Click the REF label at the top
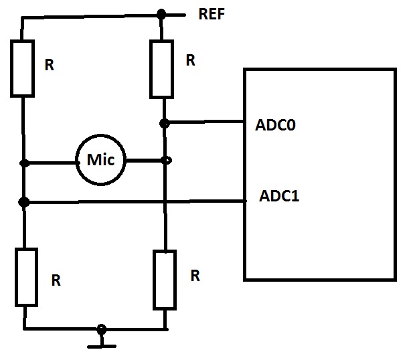pyautogui.click(x=212, y=15)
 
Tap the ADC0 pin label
pyautogui.click(x=275, y=125)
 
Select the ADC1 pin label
pyautogui.click(x=279, y=197)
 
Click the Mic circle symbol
pyautogui.click(x=101, y=161)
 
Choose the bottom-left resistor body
pyautogui.click(x=25, y=276)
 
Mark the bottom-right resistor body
pyautogui.click(x=165, y=279)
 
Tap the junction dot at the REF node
pyautogui.click(x=161, y=13)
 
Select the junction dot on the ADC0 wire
pyautogui.click(x=164, y=123)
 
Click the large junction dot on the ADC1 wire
pyautogui.click(x=24, y=201)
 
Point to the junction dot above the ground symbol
pyautogui.click(x=101, y=329)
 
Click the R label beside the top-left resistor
pyautogui.click(x=49, y=66)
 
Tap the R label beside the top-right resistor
pyautogui.click(x=190, y=61)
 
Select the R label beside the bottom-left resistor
pyautogui.click(x=56, y=281)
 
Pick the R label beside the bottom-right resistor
pyautogui.click(x=194, y=275)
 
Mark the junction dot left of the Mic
pyautogui.click(x=24, y=163)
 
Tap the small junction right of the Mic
pyautogui.click(x=167, y=160)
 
